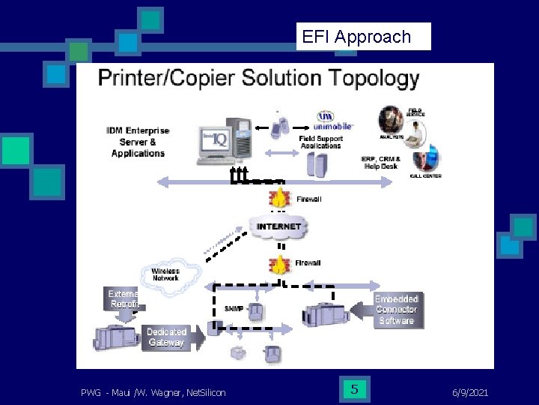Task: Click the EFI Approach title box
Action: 364,37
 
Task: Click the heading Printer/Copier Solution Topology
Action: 259,79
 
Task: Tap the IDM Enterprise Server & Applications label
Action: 138,142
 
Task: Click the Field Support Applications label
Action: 320,142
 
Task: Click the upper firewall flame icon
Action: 280,199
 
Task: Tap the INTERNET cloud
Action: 278,226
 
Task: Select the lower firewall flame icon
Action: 280,264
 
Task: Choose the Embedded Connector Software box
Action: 397,309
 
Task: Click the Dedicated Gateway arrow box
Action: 168,337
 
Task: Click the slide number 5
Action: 354,389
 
